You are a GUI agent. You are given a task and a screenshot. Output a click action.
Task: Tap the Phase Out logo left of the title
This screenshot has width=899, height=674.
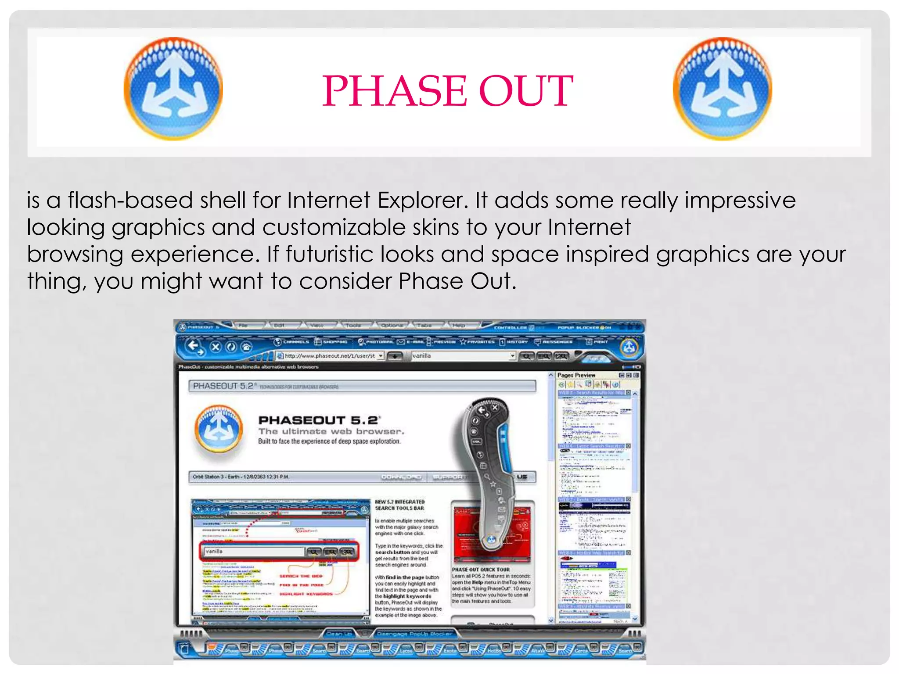click(173, 89)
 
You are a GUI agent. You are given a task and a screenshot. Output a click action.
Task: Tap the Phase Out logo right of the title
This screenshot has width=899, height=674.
click(722, 89)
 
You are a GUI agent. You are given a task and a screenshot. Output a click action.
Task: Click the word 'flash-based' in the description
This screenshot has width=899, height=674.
click(130, 201)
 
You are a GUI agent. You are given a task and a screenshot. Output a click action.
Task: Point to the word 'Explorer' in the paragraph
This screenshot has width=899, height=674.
click(422, 201)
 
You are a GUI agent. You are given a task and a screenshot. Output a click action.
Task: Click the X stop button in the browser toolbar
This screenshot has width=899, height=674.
click(216, 347)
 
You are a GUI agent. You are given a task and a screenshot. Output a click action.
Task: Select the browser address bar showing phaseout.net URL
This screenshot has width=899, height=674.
click(330, 356)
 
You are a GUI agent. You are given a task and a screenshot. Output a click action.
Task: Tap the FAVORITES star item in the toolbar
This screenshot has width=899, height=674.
click(477, 341)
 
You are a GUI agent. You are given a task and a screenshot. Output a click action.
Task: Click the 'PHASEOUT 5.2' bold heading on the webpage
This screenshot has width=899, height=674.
click(319, 420)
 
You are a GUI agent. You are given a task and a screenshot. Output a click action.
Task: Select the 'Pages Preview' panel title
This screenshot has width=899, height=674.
click(576, 375)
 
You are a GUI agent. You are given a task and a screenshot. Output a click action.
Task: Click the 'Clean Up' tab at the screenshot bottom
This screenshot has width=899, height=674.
click(339, 634)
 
